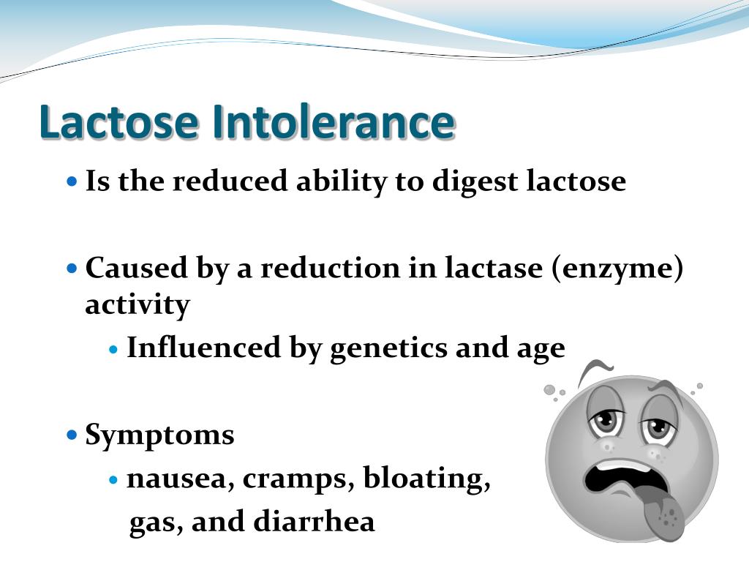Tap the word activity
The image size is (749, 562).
click(138, 304)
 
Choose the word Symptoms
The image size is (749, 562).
click(159, 435)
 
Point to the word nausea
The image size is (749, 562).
click(180, 479)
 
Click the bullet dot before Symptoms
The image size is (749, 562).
click(72, 435)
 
